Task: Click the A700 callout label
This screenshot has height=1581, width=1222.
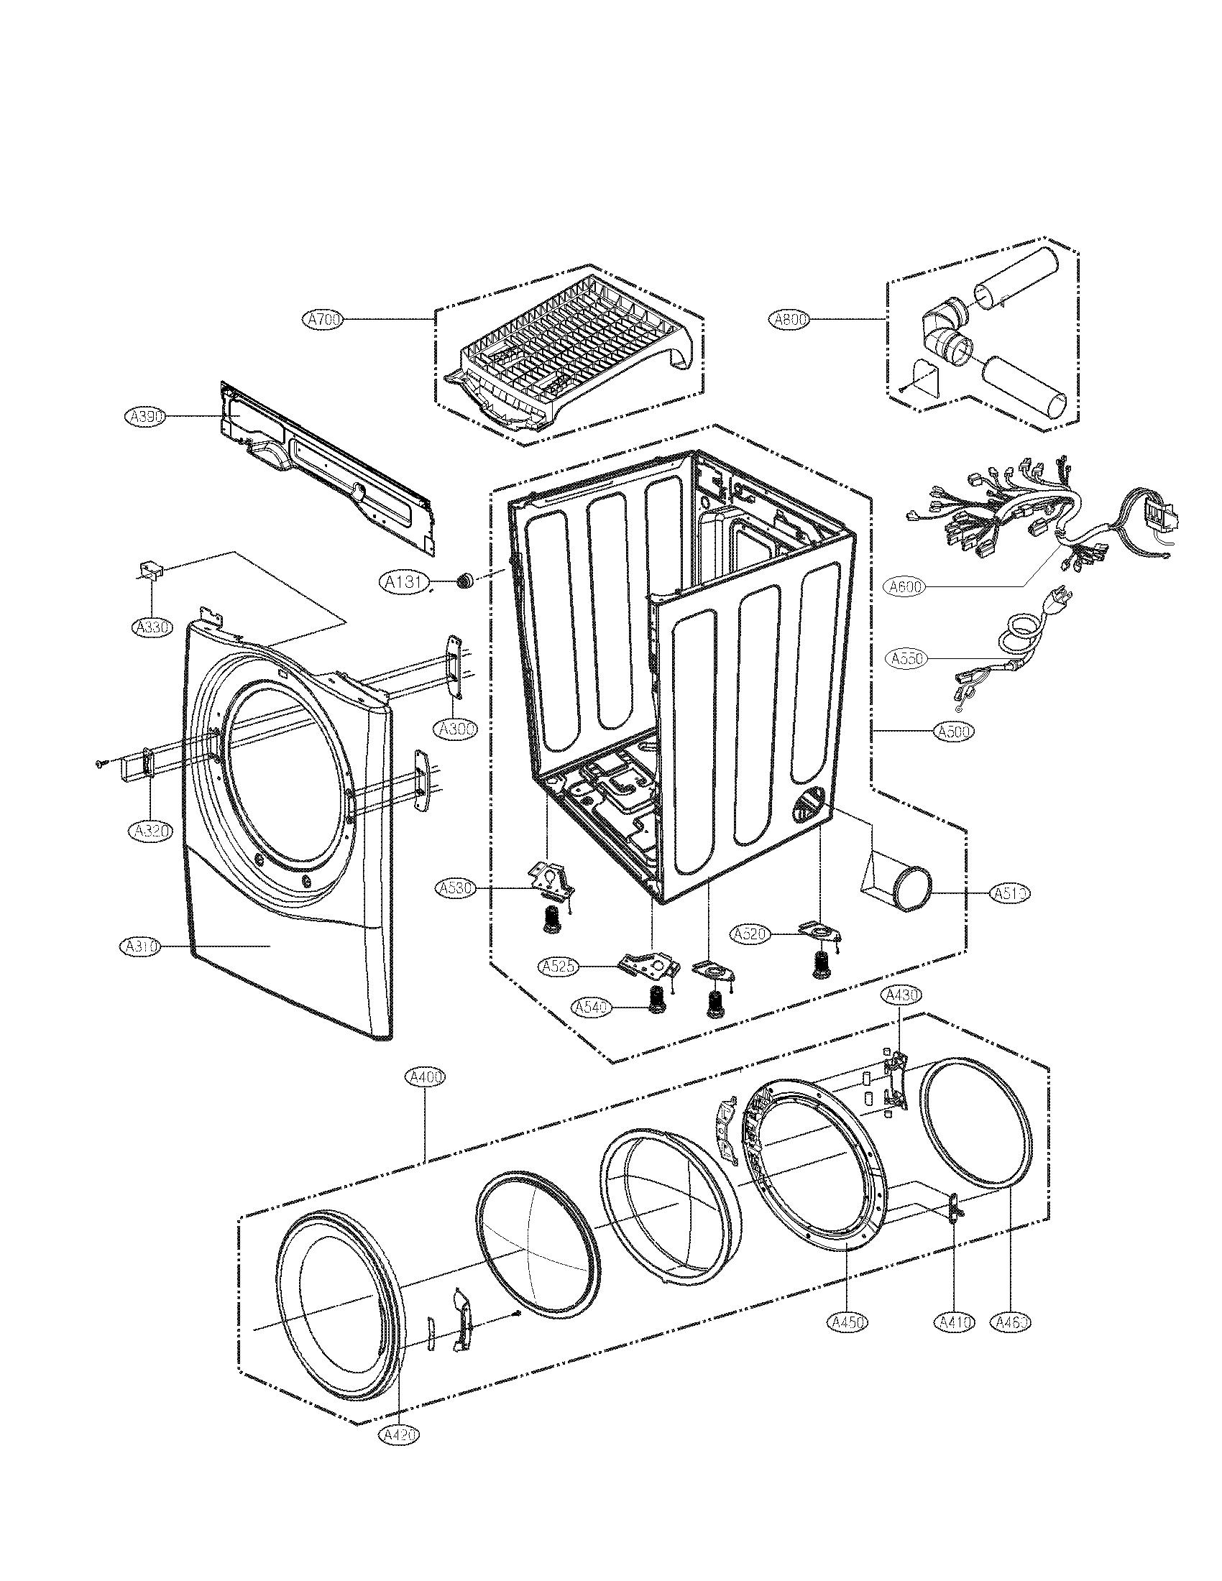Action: [x=323, y=319]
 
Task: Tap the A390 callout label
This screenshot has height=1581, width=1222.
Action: [x=145, y=415]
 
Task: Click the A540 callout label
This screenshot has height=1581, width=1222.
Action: [x=592, y=1007]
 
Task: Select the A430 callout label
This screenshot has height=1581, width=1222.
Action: [x=901, y=996]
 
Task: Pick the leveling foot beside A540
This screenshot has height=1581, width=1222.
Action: [x=657, y=1002]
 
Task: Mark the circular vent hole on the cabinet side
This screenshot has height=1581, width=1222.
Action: [x=809, y=806]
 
